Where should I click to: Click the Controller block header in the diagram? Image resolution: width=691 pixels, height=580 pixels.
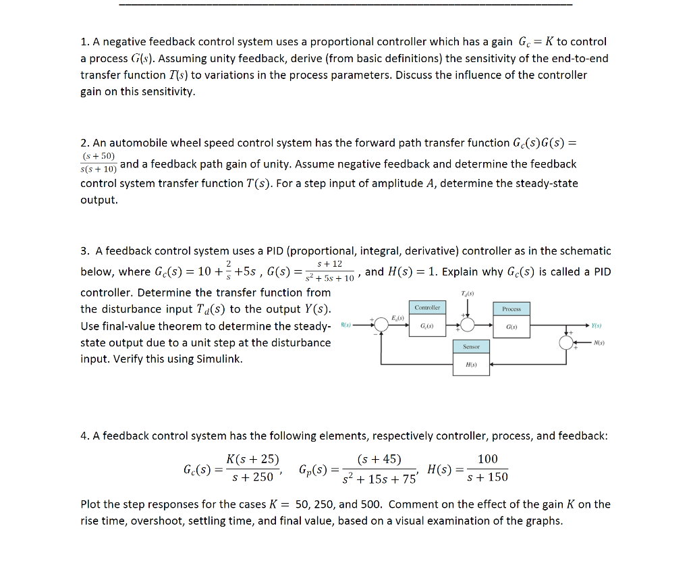427,308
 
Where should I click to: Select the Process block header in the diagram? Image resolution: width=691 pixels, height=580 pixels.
512,309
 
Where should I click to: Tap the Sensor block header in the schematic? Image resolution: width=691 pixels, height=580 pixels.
471,346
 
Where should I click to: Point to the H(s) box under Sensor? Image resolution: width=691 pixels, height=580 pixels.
471,365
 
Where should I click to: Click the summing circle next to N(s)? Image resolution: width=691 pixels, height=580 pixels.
566,342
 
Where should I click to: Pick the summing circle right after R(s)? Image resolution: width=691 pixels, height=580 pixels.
382,325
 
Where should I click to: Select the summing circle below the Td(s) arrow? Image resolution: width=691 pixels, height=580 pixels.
465,325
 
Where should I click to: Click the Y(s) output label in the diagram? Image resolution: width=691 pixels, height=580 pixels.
595,325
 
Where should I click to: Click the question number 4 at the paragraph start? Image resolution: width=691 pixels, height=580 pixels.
84,436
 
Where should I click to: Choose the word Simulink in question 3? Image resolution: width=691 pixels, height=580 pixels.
219,359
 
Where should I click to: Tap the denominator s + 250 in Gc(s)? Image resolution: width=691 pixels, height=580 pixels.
252,477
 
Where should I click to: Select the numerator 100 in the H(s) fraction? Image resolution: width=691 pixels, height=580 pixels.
487,460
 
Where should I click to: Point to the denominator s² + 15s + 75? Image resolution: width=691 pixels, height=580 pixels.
379,479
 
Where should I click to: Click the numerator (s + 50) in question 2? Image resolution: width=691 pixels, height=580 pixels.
98,156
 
